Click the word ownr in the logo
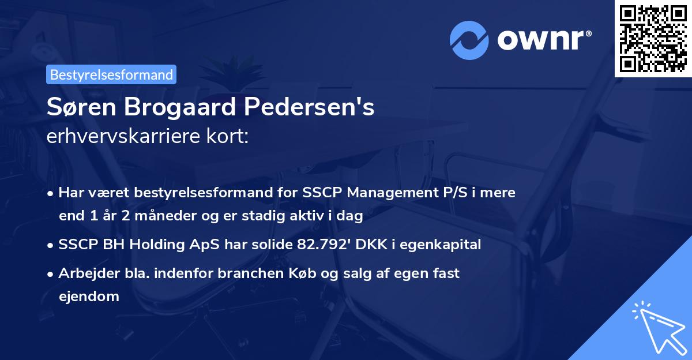[x=543, y=40]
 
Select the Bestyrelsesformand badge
[x=111, y=74]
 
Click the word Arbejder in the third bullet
[x=85, y=273]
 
